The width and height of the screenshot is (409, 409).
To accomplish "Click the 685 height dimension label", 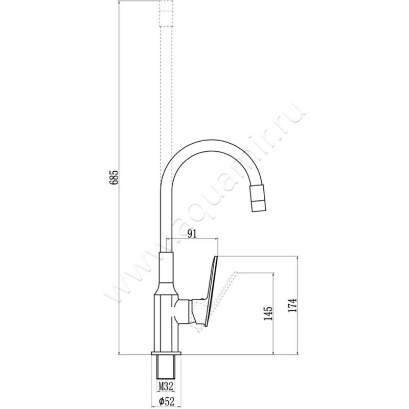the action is [x=114, y=177].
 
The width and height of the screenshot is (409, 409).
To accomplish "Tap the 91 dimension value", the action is [x=192, y=234].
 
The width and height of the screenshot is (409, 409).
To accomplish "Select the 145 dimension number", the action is [x=268, y=313].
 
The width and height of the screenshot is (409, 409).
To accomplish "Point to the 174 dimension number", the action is [x=292, y=306].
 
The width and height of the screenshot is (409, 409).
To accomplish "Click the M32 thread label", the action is [x=166, y=386].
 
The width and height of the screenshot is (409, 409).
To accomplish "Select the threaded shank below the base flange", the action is [x=166, y=367].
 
